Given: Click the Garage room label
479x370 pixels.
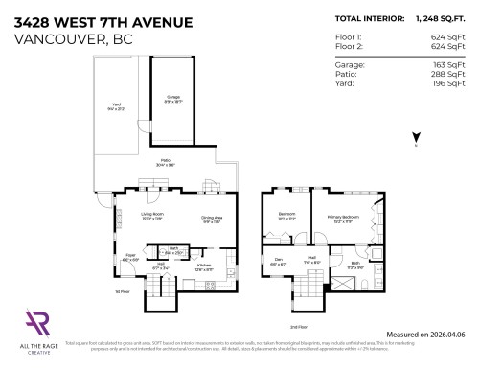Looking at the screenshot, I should pos(173,97).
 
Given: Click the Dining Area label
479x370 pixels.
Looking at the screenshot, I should pos(212,220).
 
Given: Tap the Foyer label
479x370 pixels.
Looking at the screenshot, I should pos(130,257).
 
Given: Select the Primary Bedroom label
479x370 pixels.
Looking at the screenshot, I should pos(341,217).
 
